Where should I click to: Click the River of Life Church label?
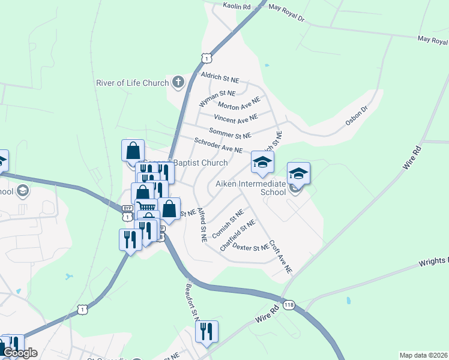132,83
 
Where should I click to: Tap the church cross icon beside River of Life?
178,82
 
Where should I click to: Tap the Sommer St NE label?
230,133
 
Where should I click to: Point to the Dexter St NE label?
250,247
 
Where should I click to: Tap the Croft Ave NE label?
280,257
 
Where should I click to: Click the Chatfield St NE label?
237,235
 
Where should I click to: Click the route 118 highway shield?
289,304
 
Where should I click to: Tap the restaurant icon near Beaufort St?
206,331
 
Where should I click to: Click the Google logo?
19,353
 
